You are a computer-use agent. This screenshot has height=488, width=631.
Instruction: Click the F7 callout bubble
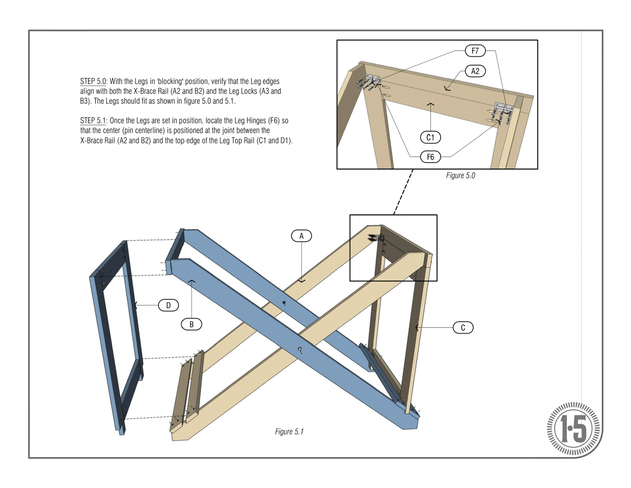tap(475, 51)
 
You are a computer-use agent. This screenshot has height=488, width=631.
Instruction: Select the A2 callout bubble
tap(475, 71)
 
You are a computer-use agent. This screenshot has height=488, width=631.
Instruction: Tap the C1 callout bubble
tap(430, 137)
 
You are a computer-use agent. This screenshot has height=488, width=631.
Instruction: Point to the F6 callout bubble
tap(430, 157)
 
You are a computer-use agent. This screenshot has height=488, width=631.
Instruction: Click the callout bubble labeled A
tap(301, 236)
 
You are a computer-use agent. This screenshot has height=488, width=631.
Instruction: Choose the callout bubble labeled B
tap(191, 324)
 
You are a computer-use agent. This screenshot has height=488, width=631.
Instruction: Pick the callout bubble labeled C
tap(463, 328)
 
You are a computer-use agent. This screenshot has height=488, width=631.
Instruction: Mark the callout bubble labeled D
tap(168, 305)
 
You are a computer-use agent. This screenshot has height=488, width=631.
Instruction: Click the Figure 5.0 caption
tap(460, 176)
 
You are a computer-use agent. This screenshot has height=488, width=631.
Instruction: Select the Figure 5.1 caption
tap(289, 432)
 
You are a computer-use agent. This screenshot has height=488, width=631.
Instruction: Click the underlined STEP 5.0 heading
tap(93, 81)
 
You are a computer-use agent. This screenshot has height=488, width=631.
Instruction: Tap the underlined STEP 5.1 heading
tap(93, 121)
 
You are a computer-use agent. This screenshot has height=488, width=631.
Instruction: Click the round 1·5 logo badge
tap(574, 429)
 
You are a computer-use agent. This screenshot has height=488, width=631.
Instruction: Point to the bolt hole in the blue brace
tap(300, 349)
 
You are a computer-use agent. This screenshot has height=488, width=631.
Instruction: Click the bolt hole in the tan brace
tap(284, 303)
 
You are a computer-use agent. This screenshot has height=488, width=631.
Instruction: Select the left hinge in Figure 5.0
tap(372, 80)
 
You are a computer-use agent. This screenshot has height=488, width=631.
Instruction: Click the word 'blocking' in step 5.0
tap(166, 81)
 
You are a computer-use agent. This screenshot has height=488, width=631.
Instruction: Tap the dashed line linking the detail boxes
tap(403, 192)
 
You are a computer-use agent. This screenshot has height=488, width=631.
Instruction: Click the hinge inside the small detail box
tap(376, 238)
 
